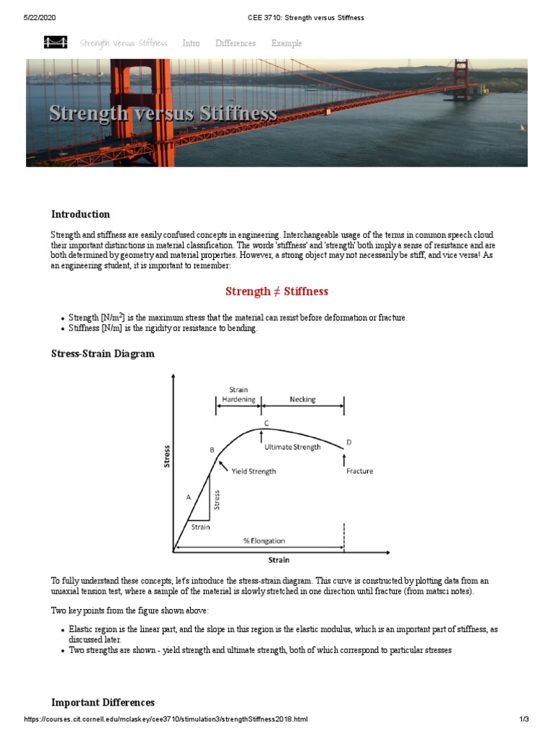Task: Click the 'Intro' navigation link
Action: click(191, 43)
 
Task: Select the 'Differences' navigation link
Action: click(235, 43)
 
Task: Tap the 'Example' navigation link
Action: click(287, 43)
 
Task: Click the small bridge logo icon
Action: click(56, 43)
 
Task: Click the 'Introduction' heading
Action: click(81, 214)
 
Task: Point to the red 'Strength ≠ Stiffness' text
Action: click(276, 291)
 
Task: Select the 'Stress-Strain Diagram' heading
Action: click(102, 354)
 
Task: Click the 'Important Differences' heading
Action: click(103, 703)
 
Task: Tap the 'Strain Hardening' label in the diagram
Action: click(238, 394)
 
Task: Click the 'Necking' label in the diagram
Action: click(302, 398)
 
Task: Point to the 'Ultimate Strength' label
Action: click(292, 447)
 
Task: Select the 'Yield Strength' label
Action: click(253, 471)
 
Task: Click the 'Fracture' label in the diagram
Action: click(359, 471)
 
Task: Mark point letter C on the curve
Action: click(266, 423)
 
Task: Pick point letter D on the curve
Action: click(349, 442)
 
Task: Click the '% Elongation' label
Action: click(263, 541)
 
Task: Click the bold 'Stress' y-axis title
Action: click(167, 457)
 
